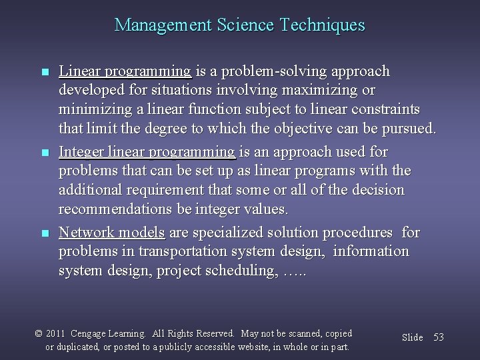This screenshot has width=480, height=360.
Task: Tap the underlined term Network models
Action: click(x=112, y=232)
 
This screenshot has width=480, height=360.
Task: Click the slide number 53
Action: click(x=438, y=337)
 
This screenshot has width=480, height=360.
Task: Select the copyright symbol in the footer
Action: click(x=39, y=333)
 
